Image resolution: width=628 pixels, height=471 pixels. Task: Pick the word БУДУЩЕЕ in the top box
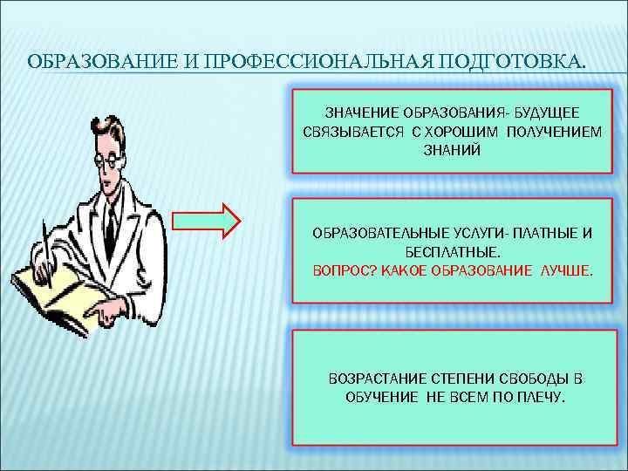point(546,114)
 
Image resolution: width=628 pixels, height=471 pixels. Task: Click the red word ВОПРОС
point(343,270)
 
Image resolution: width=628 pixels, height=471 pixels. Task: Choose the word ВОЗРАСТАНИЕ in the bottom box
point(376,380)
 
